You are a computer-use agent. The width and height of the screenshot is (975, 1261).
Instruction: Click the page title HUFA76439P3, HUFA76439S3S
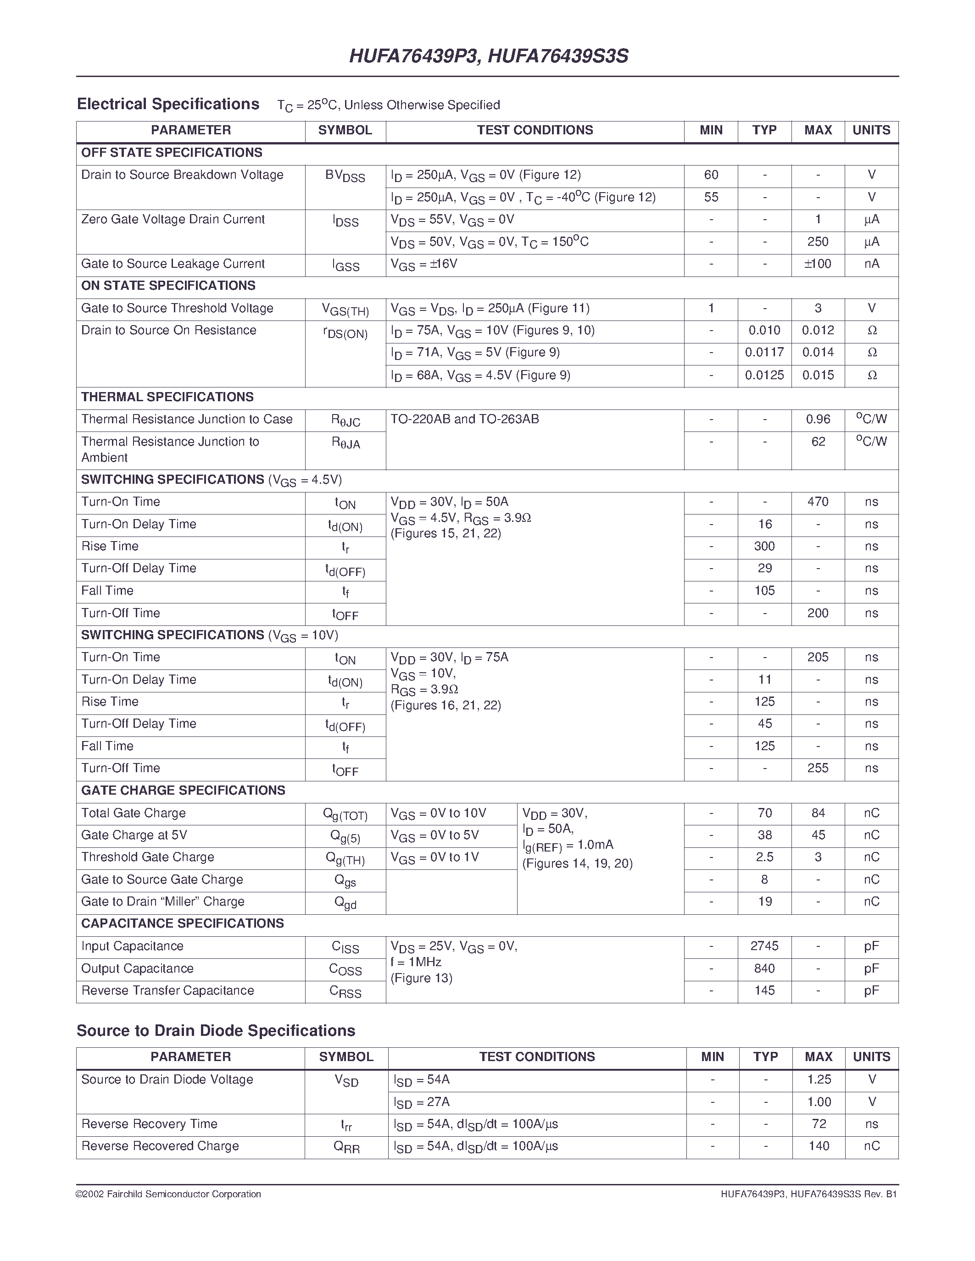pos(488,56)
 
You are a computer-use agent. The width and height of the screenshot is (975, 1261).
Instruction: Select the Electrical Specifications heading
pos(168,105)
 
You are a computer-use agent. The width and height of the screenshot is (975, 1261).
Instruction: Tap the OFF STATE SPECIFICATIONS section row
pos(172,152)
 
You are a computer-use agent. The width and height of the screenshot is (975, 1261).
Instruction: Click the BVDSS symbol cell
pos(345,176)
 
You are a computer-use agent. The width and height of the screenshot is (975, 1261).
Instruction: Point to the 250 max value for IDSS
pos(817,242)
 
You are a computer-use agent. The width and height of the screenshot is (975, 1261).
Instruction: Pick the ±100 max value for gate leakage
pos(817,264)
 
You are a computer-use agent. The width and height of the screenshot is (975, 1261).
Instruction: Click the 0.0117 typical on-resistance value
pos(764,353)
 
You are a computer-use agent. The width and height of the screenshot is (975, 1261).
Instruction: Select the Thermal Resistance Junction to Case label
pos(187,419)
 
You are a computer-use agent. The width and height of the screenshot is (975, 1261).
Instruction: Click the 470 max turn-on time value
pos(817,502)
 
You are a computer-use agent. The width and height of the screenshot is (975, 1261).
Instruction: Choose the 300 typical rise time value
pos(764,546)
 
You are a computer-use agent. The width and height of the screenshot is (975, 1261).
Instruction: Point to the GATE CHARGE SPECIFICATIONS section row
pos(183,791)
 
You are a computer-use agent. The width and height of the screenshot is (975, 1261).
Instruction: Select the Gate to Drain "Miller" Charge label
pos(162,902)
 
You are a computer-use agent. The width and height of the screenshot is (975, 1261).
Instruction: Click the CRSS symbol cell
pos(345,992)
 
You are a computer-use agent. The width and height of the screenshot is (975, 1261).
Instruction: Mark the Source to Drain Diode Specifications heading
pos(216,1031)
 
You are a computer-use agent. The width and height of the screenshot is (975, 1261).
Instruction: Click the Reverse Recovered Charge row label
pos(160,1146)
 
